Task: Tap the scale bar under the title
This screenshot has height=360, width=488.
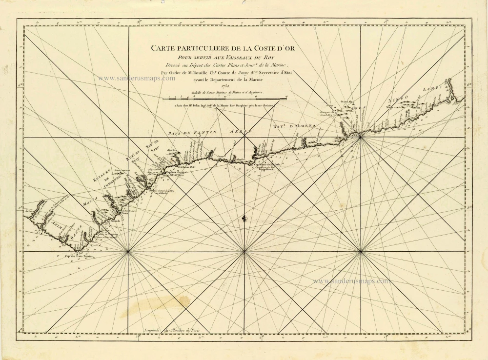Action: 225,98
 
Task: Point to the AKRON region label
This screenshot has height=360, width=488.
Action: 239,131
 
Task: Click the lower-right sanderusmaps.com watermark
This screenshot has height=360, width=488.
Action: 351,281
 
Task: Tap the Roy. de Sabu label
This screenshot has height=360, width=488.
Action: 152,148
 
